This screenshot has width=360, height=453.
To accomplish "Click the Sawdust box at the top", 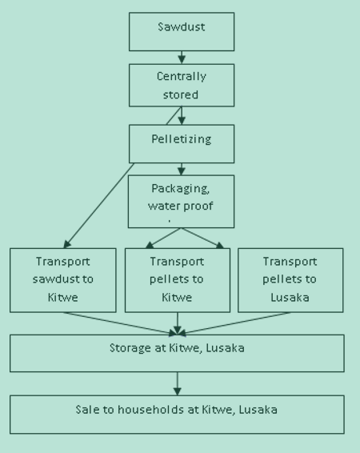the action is pos(182,32).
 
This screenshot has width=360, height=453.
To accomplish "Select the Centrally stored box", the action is pos(182,86).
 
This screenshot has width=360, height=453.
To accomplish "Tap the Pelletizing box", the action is pos(182,144).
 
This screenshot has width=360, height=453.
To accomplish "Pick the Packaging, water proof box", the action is pos(181,202).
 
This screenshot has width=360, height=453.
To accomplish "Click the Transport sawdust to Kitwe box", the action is pos(63,280).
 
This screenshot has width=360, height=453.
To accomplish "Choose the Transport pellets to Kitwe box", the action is pos(178,280).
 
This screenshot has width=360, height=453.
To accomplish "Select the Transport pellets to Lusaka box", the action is pos(290,280).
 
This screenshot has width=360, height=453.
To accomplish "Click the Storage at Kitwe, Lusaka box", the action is pos(177,353).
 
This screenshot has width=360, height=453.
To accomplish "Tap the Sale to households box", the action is pos(177,415).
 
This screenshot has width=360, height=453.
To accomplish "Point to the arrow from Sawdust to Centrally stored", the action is pos(182,58).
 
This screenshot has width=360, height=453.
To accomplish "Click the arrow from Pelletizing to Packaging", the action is pos(182,169).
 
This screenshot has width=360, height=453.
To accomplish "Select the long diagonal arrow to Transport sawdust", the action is pos(99,206).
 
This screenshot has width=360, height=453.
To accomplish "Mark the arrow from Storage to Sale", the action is pos(178,383).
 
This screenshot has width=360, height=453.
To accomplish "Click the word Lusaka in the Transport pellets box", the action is pos(290,298).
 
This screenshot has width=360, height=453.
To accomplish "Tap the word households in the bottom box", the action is pos(150,410).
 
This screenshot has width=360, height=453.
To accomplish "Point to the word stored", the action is pos(181,94).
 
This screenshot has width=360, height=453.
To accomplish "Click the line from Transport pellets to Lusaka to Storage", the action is pos(235,324).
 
